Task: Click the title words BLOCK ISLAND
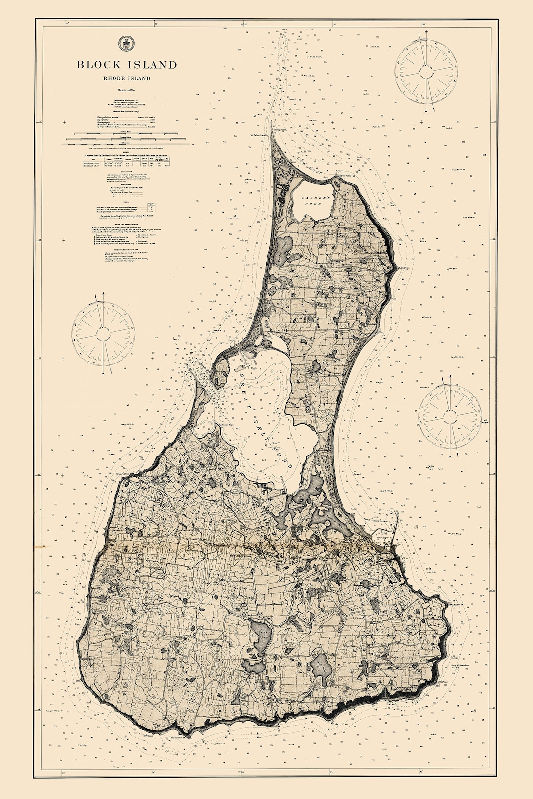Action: (x=126, y=65)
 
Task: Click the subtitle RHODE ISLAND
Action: (x=126, y=78)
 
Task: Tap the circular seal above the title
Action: (x=126, y=44)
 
